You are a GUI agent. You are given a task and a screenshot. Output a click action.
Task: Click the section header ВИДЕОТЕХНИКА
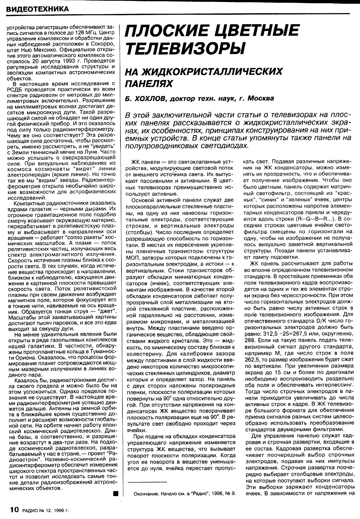[37, 9]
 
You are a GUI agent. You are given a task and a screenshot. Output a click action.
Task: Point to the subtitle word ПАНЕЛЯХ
[146, 83]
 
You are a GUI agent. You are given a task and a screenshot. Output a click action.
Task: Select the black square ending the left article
[115, 494]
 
